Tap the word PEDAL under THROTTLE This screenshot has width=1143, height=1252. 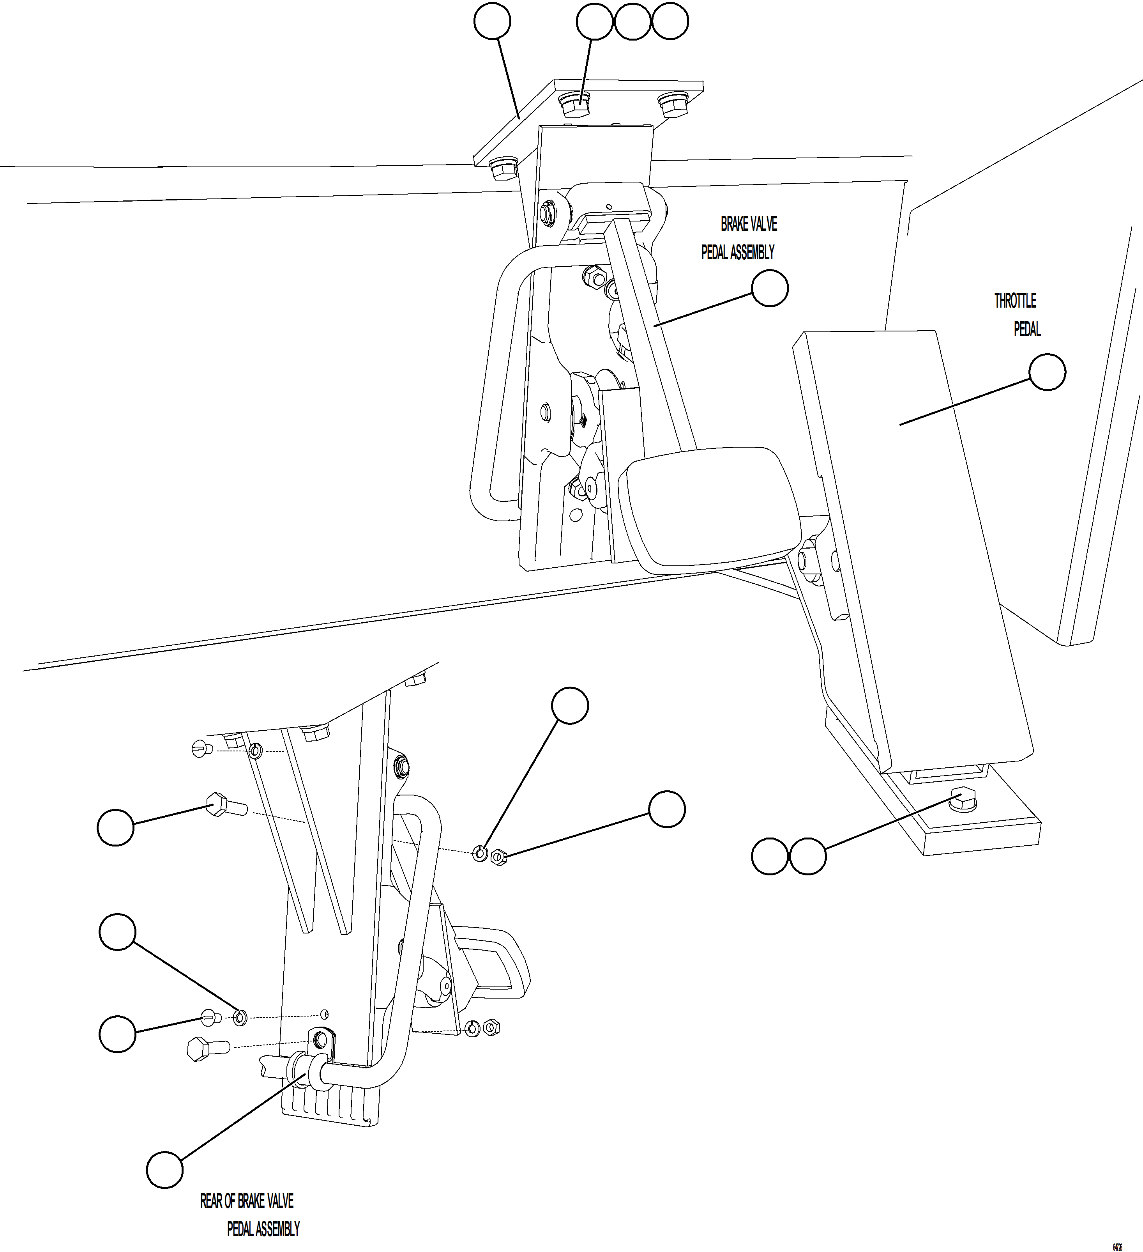pos(1027,329)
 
